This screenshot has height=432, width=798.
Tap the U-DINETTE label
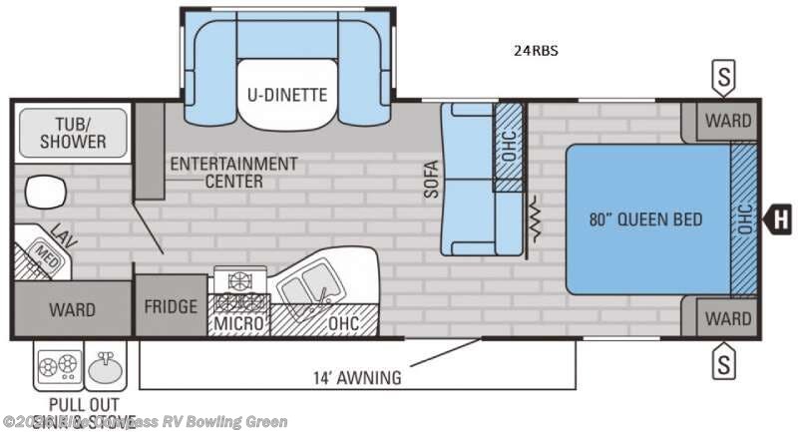pos(288,96)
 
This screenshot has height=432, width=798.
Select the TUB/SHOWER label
pos(73,133)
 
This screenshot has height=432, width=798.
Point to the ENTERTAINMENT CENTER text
pos(233,172)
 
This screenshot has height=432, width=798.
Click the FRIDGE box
pos(171,305)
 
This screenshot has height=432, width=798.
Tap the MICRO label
pos(239,324)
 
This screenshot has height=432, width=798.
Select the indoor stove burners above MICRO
pos(239,288)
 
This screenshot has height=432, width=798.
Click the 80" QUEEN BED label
pos(645,219)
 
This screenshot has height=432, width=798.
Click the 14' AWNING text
pos(355,377)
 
